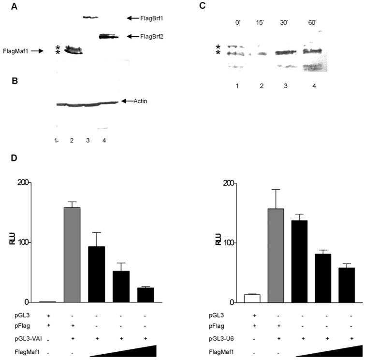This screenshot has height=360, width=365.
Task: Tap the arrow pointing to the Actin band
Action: pyautogui.click(x=126, y=101)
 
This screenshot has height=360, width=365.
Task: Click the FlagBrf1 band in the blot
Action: pyautogui.click(x=90, y=18)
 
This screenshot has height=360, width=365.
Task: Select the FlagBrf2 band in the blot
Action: pyautogui.click(x=108, y=36)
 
